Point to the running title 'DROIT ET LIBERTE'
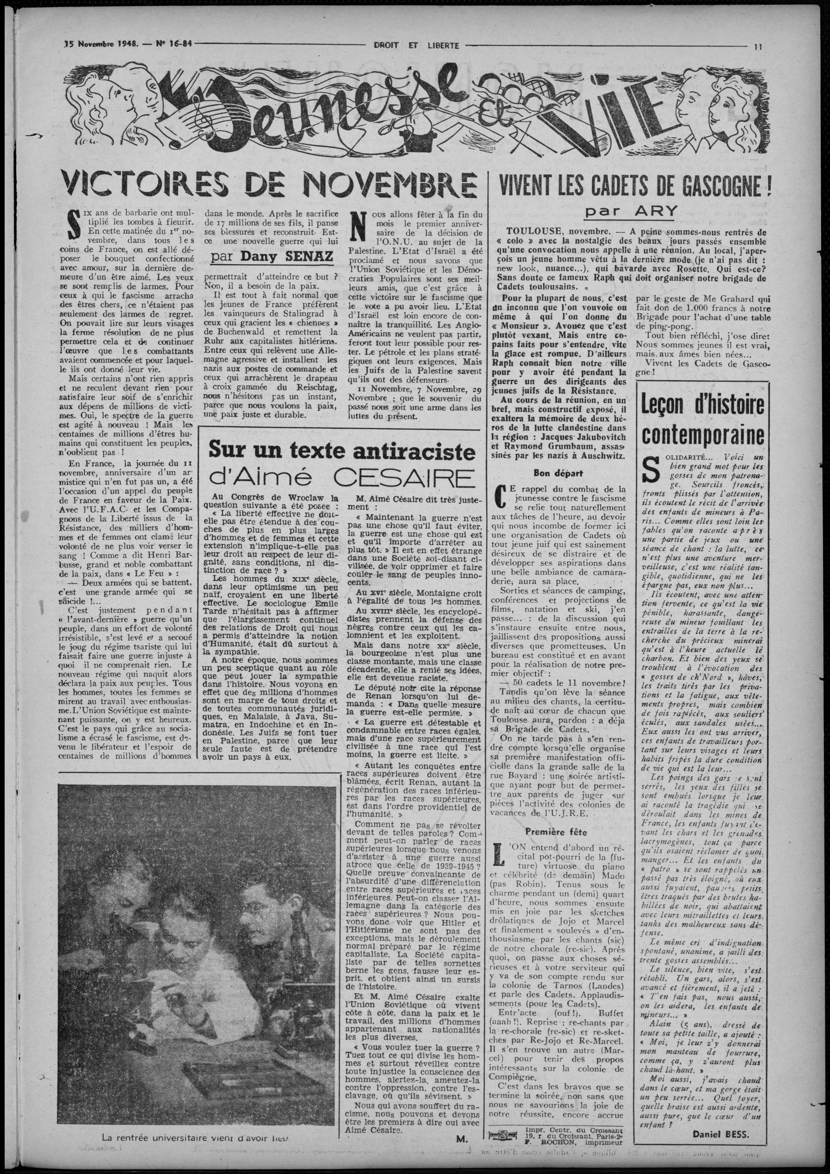[416, 45]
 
